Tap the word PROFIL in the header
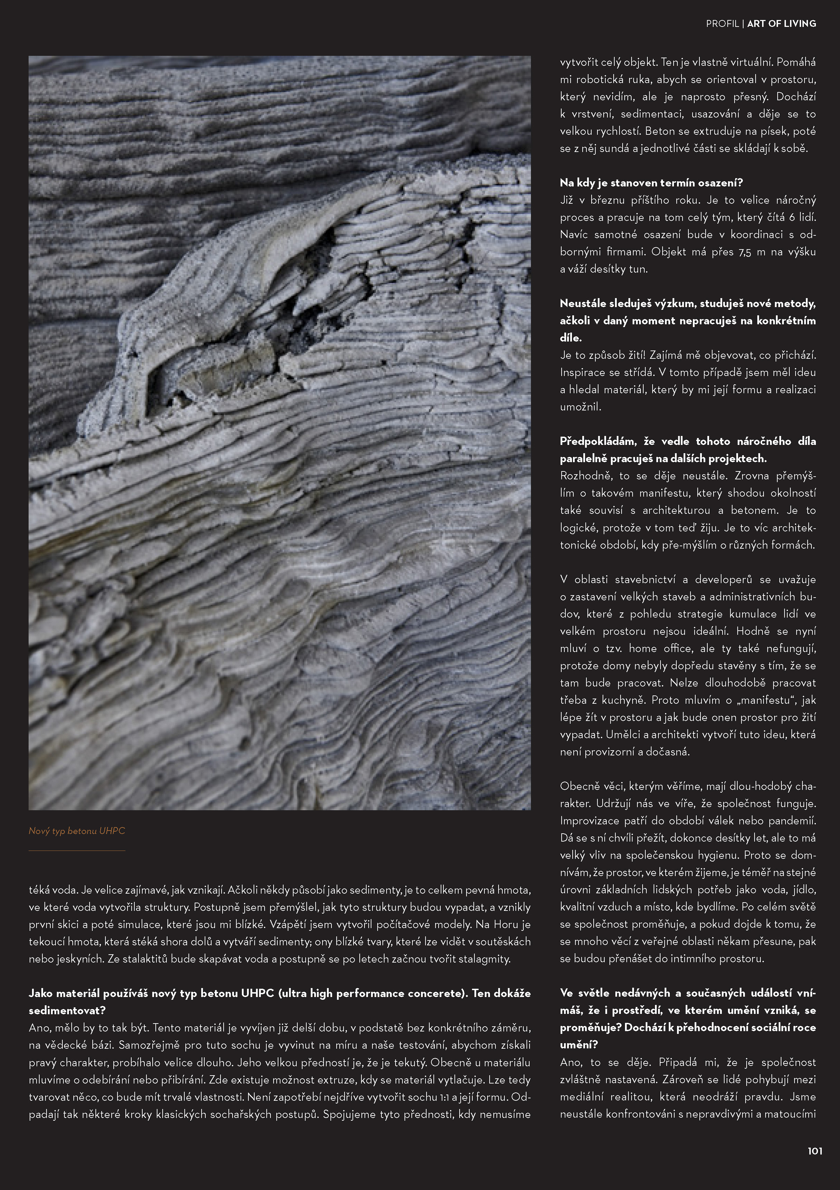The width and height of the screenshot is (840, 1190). click(722, 24)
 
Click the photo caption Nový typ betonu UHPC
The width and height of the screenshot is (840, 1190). click(77, 831)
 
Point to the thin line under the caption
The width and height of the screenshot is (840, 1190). click(77, 851)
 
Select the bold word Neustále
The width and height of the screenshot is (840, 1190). click(583, 304)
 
